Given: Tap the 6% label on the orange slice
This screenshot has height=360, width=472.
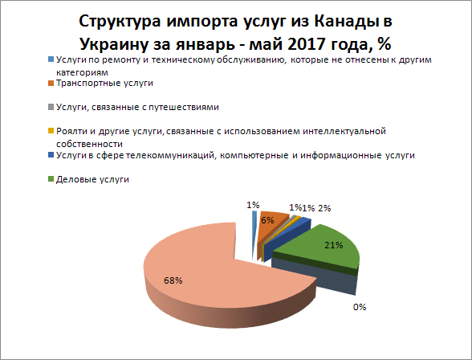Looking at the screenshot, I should [x=268, y=219].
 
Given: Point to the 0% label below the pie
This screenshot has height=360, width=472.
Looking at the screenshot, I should [x=360, y=306].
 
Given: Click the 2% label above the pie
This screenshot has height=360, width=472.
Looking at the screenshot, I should [x=324, y=208].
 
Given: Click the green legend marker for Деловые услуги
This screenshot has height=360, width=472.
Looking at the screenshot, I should [x=51, y=179].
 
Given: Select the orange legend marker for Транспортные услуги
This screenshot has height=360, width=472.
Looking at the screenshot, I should [x=51, y=83].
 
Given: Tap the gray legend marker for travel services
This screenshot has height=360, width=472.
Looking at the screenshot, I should [x=51, y=107].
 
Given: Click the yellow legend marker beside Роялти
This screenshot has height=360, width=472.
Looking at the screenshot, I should [x=51, y=130].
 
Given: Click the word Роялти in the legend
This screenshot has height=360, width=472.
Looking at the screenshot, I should [x=73, y=130].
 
